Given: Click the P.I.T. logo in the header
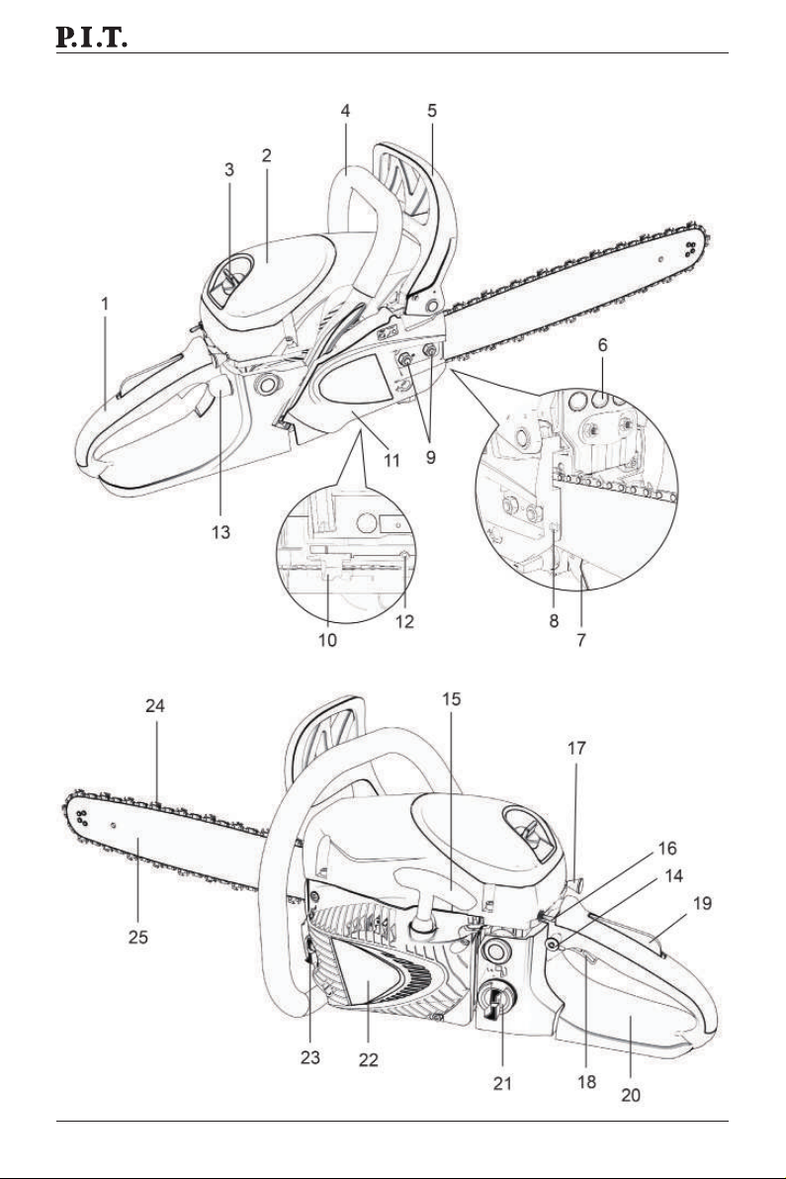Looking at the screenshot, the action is [x=92, y=37].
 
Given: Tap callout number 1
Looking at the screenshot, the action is [x=105, y=304].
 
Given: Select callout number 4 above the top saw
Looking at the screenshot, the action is [x=345, y=111].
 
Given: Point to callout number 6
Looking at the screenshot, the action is [x=603, y=345].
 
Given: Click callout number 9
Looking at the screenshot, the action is [x=431, y=456].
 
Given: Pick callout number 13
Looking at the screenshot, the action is [x=220, y=532].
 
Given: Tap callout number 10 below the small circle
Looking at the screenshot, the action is [x=327, y=640].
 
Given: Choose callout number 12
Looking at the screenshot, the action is [x=404, y=621].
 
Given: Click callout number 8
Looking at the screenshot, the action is [x=554, y=621].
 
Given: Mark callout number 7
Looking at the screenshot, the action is [x=581, y=640].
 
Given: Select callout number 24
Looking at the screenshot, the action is [x=155, y=705].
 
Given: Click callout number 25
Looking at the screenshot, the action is [x=138, y=937].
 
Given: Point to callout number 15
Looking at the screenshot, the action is [x=451, y=698].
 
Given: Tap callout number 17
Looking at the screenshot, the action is [x=576, y=748].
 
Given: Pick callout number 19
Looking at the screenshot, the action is [x=703, y=902].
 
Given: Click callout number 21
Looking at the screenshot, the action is [x=502, y=1083].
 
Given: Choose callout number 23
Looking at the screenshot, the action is [x=310, y=1057].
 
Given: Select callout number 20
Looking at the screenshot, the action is [x=631, y=1095].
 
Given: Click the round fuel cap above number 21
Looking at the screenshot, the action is [x=496, y=952].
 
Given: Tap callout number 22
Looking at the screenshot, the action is [x=368, y=1059].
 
